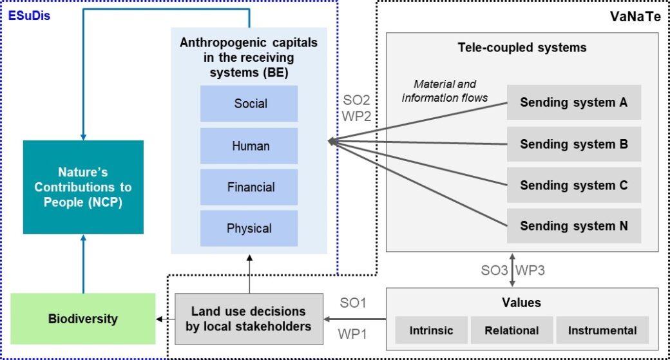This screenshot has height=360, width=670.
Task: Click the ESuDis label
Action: click(x=29, y=16)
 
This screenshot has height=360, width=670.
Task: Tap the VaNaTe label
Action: click(x=635, y=16)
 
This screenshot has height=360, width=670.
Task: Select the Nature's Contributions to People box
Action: click(x=83, y=187)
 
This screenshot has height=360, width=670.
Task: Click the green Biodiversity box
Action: click(x=83, y=319)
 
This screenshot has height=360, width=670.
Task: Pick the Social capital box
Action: click(x=249, y=103)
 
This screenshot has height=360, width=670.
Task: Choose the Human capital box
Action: click(x=249, y=146)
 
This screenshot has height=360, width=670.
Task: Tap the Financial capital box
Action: click(x=249, y=187)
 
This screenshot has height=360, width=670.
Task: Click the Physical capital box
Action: click(x=249, y=228)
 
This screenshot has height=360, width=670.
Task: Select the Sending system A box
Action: click(x=574, y=102)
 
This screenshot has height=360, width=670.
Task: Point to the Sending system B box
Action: click(x=574, y=144)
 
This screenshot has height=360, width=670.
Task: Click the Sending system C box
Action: click(x=574, y=185)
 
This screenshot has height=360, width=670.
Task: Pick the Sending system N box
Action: click(x=574, y=226)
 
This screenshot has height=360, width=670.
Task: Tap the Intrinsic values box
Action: click(x=431, y=330)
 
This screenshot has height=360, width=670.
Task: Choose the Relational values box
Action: click(x=512, y=330)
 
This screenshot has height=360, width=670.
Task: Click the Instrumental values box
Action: click(x=602, y=330)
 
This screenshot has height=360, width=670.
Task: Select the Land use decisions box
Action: click(x=249, y=319)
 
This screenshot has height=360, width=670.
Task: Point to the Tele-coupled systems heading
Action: click(x=522, y=48)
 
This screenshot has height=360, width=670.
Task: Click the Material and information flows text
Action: click(x=445, y=91)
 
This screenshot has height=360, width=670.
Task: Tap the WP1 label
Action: click(x=352, y=334)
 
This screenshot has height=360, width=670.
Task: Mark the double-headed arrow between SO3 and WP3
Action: click(x=512, y=270)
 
